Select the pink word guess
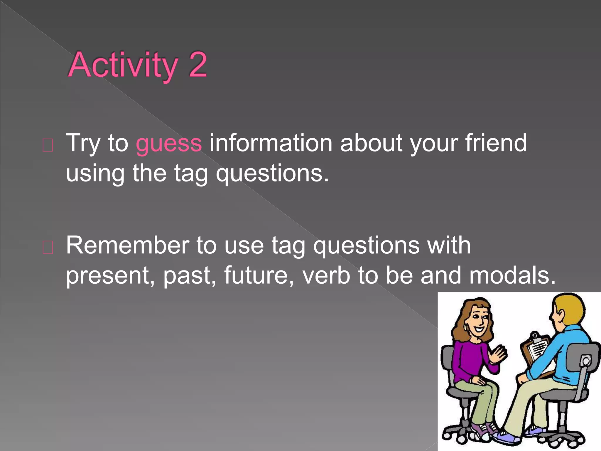169,143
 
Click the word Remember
127,245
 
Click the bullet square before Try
48,145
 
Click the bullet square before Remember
48,248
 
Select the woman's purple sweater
467,361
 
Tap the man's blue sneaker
508,437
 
